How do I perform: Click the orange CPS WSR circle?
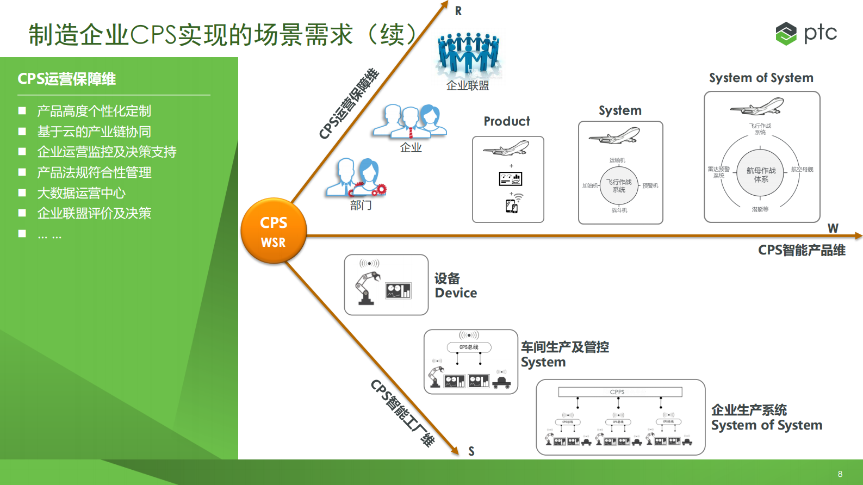(x=274, y=231)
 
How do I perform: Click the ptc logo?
(x=806, y=33)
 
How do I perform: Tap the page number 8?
(x=840, y=474)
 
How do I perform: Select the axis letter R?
(x=458, y=11)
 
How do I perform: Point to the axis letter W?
(x=833, y=228)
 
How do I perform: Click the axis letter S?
(x=471, y=451)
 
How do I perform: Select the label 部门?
(x=361, y=205)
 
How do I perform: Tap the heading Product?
(x=507, y=121)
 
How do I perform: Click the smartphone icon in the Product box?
(x=512, y=206)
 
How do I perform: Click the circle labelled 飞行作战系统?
(x=619, y=186)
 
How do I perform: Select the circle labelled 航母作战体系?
(x=761, y=175)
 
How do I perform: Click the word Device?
(x=456, y=293)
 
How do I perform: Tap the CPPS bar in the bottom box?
(x=620, y=392)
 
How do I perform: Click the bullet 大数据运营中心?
(x=81, y=193)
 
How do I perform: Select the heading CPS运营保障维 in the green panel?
(x=66, y=79)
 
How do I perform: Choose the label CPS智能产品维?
(x=802, y=250)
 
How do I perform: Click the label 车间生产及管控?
(x=564, y=347)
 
